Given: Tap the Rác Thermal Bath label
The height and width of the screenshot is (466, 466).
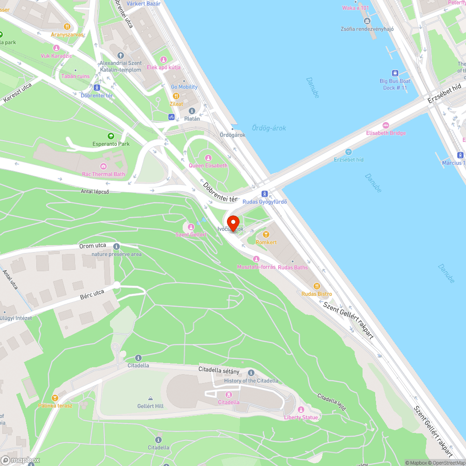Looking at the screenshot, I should [x=103, y=174].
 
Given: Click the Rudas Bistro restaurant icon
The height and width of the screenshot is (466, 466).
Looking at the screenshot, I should [x=317, y=286].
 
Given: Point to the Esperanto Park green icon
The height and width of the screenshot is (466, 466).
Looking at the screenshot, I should [x=111, y=136].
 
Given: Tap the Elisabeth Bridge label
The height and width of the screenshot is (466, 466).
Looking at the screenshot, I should [x=386, y=133].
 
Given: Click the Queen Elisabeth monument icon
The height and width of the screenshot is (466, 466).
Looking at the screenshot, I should [x=208, y=158].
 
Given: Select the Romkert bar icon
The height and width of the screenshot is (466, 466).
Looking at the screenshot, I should [x=266, y=234].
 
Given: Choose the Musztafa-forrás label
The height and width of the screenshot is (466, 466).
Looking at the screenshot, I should [x=256, y=267].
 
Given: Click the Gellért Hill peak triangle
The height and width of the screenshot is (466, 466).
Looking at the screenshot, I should [x=151, y=398].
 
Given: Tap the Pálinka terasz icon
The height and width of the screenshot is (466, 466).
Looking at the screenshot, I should [x=55, y=397].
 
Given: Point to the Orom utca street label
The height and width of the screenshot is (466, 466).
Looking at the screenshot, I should [x=92, y=246].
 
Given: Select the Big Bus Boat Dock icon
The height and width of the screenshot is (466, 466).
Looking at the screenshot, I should [x=395, y=73].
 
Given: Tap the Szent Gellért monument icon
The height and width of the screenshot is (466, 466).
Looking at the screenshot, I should [x=191, y=226].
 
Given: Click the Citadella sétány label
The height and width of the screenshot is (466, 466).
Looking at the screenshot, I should [x=219, y=370].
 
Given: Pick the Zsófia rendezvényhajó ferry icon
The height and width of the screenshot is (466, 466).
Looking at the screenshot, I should [x=367, y=21].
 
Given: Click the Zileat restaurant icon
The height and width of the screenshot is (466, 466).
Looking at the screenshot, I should [x=177, y=96].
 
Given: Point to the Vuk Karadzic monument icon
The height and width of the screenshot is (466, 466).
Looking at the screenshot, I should [x=56, y=48].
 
